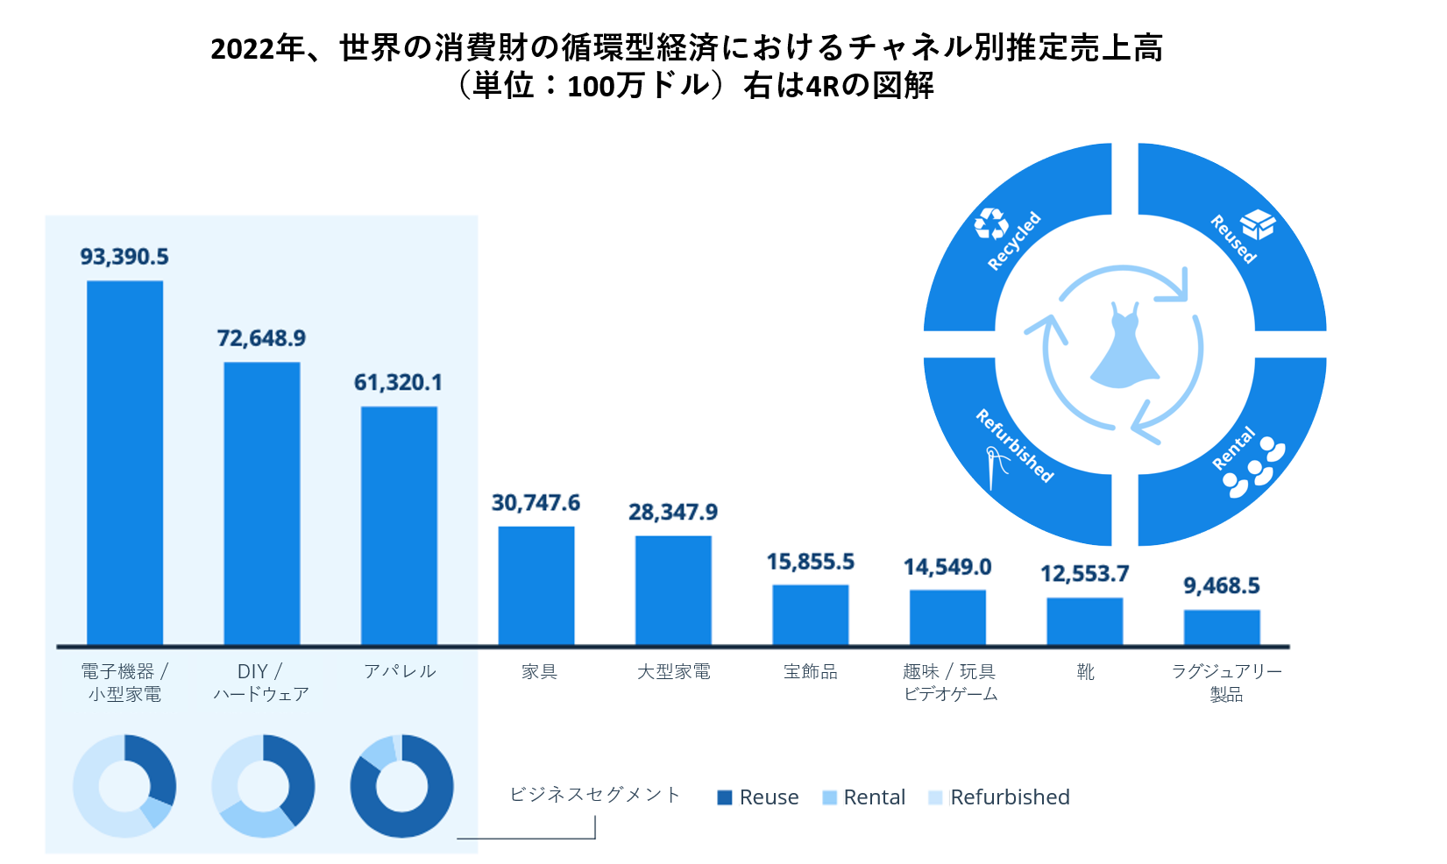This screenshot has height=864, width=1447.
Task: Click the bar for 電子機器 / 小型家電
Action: click(124, 463)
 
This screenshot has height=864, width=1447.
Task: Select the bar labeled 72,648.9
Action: click(261, 504)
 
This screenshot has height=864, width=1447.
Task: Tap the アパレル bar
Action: click(399, 526)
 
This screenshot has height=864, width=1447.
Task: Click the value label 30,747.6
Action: click(536, 503)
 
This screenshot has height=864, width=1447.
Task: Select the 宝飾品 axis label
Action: click(810, 672)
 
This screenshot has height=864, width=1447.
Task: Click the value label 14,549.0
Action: click(947, 568)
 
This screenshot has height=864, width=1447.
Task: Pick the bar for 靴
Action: click(1084, 621)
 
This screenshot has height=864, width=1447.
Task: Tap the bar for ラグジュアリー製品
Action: click(1221, 627)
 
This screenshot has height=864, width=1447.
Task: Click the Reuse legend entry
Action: click(758, 797)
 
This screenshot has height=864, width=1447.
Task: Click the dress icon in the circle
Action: click(1124, 348)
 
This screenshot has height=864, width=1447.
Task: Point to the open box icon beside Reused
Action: click(1258, 224)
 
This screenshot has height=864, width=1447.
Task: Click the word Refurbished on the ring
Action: click(1014, 445)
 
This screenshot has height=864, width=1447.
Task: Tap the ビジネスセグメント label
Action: click(595, 795)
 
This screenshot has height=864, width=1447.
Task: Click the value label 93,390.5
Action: click(124, 257)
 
